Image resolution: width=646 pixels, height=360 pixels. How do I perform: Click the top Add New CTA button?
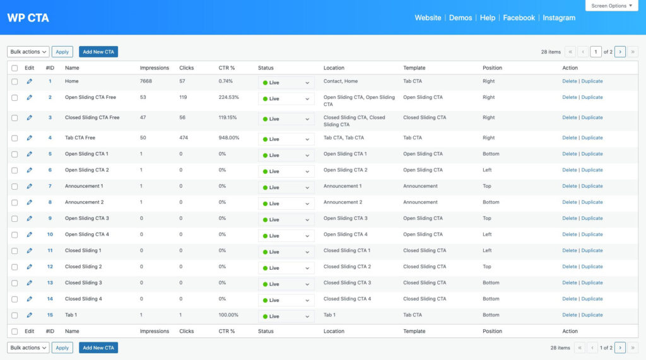pyautogui.click(x=98, y=52)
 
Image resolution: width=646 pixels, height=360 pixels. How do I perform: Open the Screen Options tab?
pyautogui.click(x=611, y=6)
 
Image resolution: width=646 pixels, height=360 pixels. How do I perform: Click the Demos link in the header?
pyautogui.click(x=461, y=18)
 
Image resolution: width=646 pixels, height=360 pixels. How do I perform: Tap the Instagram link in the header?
pyautogui.click(x=559, y=18)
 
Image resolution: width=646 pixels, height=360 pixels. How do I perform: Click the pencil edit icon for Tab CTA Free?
pyautogui.click(x=29, y=137)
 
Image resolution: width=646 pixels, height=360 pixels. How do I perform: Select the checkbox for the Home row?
pyautogui.click(x=15, y=81)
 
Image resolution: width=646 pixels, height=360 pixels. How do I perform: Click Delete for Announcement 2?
pyautogui.click(x=570, y=202)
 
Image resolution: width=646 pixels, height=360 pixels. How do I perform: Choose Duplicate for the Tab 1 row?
pyautogui.click(x=592, y=315)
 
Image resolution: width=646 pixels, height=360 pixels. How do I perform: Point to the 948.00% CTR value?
pyautogui.click(x=229, y=137)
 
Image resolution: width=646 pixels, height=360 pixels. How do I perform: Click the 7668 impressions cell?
pyautogui.click(x=146, y=81)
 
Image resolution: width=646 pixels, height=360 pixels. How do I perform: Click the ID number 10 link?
pyautogui.click(x=50, y=235)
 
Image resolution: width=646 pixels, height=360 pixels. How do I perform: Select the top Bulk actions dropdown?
pyautogui.click(x=28, y=52)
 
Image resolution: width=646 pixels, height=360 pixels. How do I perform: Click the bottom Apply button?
pyautogui.click(x=62, y=347)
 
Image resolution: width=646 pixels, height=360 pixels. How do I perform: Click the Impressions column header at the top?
pyautogui.click(x=155, y=67)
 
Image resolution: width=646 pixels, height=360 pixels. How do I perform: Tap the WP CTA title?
pyautogui.click(x=28, y=18)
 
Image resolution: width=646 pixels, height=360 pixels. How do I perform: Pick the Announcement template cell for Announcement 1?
pyautogui.click(x=420, y=186)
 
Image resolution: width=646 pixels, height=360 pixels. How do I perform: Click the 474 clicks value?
pyautogui.click(x=184, y=137)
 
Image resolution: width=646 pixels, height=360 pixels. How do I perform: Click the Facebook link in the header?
pyautogui.click(x=519, y=18)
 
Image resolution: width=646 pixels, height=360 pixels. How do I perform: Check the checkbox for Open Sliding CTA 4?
pyautogui.click(x=15, y=235)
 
